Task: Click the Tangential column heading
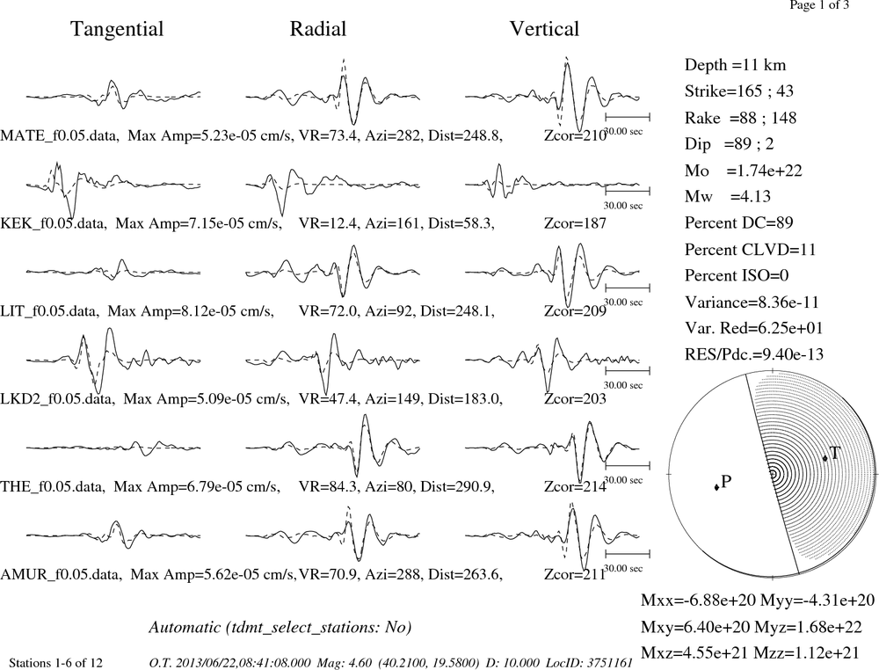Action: click(x=117, y=29)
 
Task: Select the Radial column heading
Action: click(x=318, y=29)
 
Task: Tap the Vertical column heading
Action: click(x=544, y=29)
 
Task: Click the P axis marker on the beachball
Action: click(x=717, y=486)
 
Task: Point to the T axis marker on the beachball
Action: click(x=825, y=458)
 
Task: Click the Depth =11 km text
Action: click(x=735, y=65)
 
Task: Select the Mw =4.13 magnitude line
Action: click(x=728, y=196)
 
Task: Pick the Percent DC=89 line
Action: click(x=739, y=222)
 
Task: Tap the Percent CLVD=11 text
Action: click(x=750, y=249)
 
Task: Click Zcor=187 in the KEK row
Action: click(x=575, y=223)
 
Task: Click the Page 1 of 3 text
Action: click(x=819, y=5)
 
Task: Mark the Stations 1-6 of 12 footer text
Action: click(x=56, y=663)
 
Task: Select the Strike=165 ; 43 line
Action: click(x=739, y=91)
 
